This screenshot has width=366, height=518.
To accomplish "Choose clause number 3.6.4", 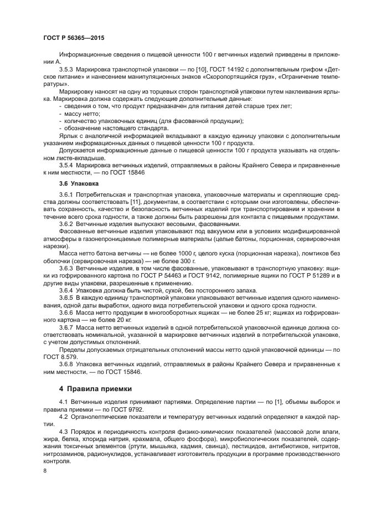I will coord(66,290).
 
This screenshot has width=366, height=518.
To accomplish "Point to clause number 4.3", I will coord(63,430).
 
